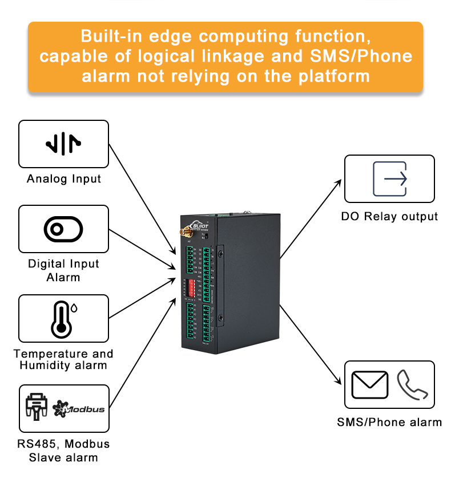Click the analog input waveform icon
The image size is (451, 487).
pyautogui.click(x=63, y=144)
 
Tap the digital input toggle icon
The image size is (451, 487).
pyautogui.click(x=63, y=229)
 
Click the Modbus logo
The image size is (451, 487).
pyautogui.click(x=79, y=408)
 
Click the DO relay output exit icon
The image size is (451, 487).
pyautogui.click(x=389, y=179)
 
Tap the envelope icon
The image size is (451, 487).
pyautogui.click(x=369, y=385)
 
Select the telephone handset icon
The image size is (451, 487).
pyautogui.click(x=412, y=385)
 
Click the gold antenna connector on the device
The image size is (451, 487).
pyautogui.click(x=187, y=233)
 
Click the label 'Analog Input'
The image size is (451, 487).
pyautogui.click(x=63, y=178)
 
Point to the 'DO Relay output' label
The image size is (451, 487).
pyautogui.click(x=389, y=217)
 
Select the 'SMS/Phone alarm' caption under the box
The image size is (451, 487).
pyautogui.click(x=389, y=423)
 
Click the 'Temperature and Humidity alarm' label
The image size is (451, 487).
pyautogui.click(x=63, y=360)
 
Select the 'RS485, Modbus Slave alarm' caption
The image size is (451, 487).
pyautogui.click(x=63, y=451)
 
